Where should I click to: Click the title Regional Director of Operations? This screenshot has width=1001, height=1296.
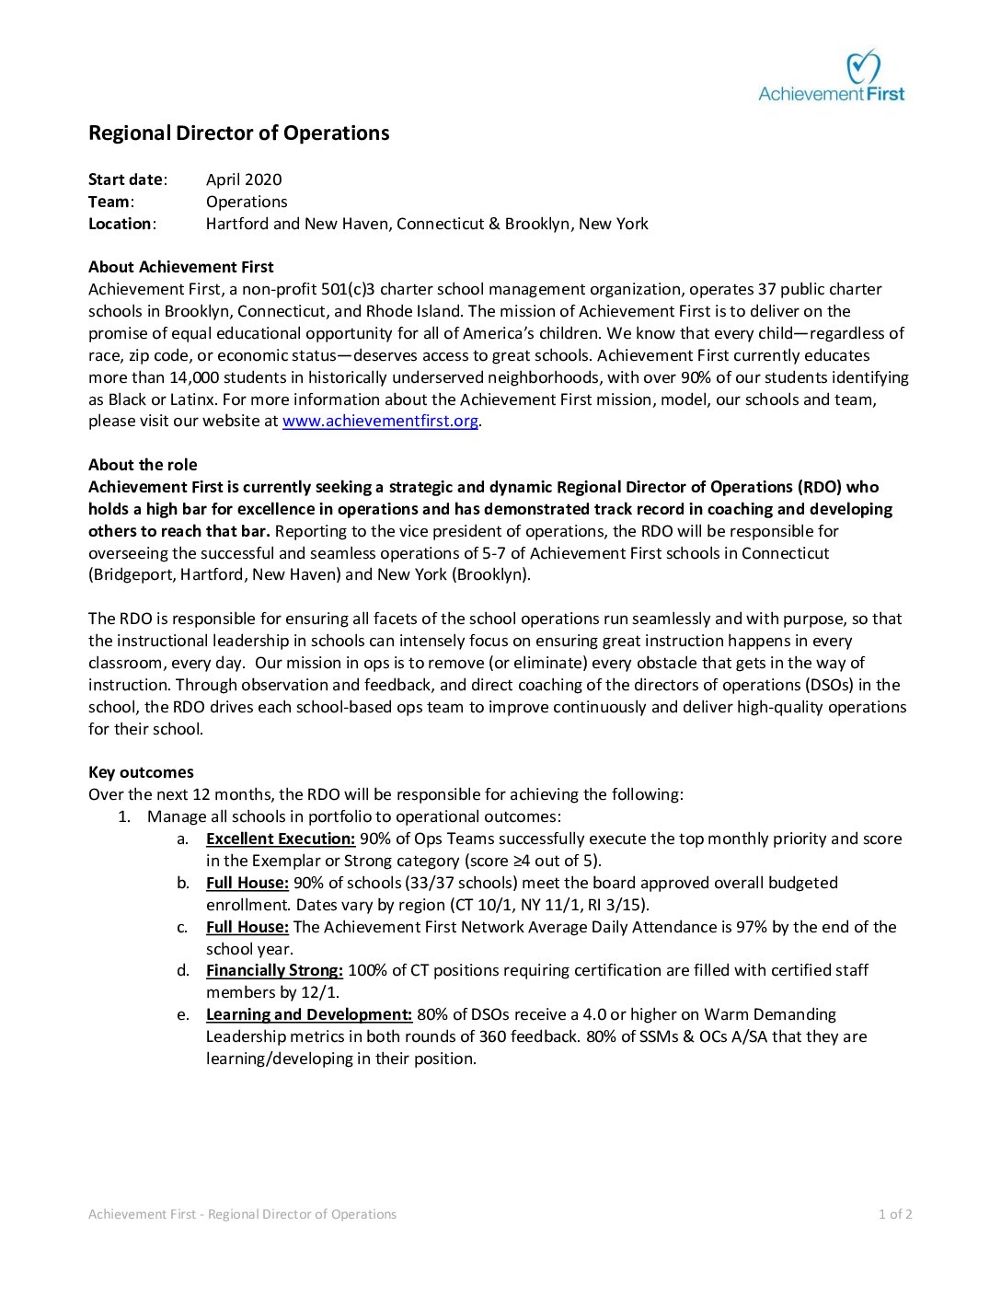click(238, 133)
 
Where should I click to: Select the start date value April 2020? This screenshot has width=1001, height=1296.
click(244, 179)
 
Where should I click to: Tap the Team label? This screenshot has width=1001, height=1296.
click(109, 202)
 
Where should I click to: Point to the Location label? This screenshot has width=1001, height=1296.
click(121, 224)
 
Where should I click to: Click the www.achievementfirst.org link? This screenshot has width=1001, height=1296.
click(380, 421)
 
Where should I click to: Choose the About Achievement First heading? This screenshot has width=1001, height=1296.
click(180, 267)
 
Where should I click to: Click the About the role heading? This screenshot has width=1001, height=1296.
click(143, 465)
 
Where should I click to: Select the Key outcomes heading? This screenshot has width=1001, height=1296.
click(141, 772)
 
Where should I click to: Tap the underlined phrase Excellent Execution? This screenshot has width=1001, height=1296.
click(280, 839)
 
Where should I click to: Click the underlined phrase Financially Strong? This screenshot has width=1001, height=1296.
click(274, 970)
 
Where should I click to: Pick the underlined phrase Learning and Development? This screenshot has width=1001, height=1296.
click(308, 1014)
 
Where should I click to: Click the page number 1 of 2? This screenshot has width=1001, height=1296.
click(895, 1214)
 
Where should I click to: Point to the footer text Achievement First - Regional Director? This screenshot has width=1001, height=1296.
click(242, 1214)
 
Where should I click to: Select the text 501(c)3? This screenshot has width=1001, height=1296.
click(348, 289)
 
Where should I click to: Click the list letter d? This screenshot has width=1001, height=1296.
click(182, 970)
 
